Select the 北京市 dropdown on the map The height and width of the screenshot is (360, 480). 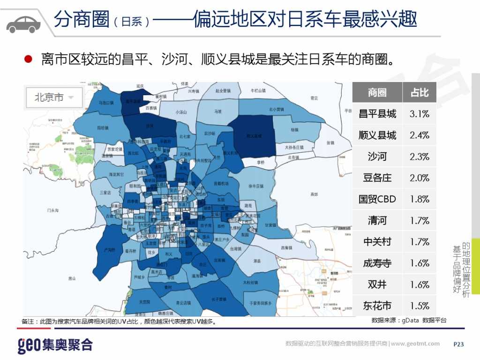click(54, 97)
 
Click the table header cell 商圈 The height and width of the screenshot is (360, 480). click(377, 92)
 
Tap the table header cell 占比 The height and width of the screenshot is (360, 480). click(420, 92)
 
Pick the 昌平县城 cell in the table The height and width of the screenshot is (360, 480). click(377, 114)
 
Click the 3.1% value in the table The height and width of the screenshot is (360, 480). click(420, 114)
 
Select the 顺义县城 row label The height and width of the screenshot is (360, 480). click(377, 135)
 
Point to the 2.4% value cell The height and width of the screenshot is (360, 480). click(420, 135)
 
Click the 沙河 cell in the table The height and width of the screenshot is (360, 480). click(377, 157)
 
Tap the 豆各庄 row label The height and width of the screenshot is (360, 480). click(377, 178)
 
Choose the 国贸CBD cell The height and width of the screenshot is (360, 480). click(377, 199)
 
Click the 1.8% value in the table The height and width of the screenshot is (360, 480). click(420, 199)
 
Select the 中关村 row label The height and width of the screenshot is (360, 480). click(377, 242)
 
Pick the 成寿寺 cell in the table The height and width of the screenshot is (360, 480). click(377, 263)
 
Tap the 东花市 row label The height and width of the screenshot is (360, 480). click(377, 306)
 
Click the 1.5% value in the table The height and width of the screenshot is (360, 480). click(420, 306)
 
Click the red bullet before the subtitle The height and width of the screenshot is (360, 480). click(28, 60)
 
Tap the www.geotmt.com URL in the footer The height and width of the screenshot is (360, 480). click(415, 344)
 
